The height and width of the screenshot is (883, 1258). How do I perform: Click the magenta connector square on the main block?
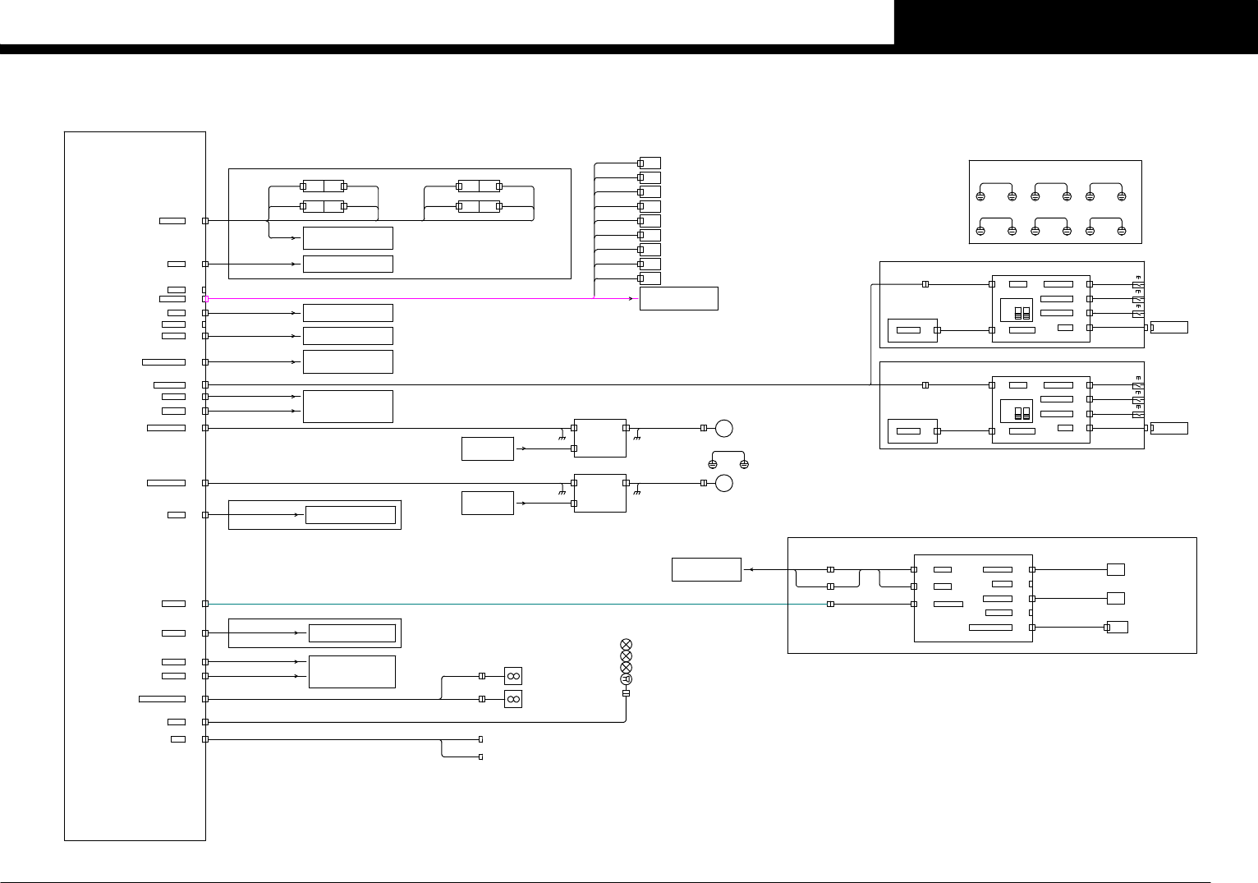(205, 299)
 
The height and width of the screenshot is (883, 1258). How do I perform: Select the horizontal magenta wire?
(411, 299)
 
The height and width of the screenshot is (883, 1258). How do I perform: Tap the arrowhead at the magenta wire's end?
(636, 299)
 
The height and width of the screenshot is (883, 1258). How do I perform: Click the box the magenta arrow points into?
(678, 298)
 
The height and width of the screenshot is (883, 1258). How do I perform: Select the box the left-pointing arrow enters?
(706, 569)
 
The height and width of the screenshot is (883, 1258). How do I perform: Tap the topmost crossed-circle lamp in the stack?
(626, 644)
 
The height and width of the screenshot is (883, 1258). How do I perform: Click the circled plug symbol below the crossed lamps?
(626, 679)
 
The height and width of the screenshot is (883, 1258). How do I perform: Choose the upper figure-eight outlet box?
(513, 676)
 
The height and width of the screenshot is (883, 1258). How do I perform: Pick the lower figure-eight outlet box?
(513, 699)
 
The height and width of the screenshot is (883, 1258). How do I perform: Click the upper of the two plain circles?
(723, 428)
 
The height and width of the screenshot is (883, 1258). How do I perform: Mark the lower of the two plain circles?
(723, 483)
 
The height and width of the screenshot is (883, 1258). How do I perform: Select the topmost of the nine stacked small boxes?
(650, 163)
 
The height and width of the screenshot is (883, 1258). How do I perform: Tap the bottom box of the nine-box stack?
(650, 278)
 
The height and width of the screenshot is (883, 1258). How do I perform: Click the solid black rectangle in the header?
(1076, 22)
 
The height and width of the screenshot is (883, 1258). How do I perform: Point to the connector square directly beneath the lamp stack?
(626, 693)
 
